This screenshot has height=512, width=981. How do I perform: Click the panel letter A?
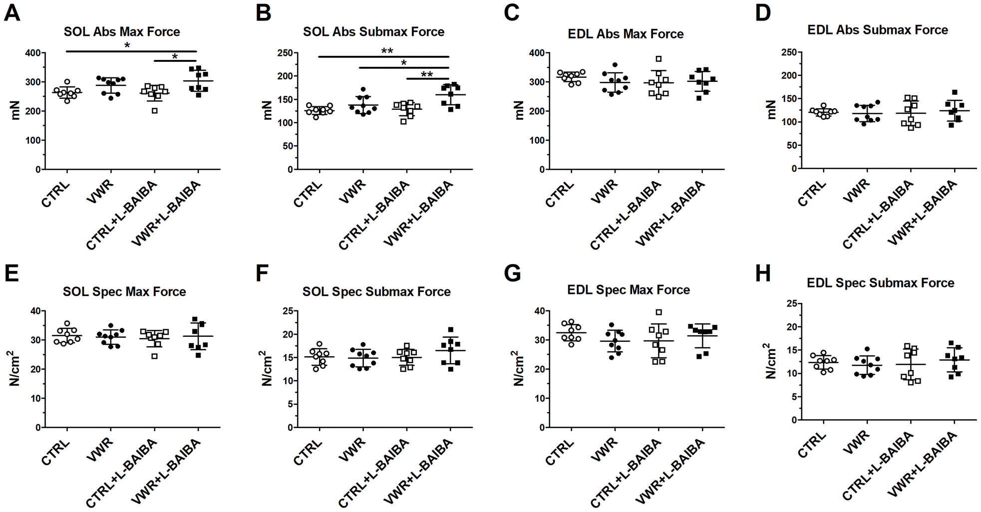click(12, 12)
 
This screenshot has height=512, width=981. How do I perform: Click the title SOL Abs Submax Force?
click(373, 32)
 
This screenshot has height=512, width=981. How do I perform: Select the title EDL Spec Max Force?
click(629, 290)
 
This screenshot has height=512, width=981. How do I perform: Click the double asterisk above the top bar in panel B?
click(387, 51)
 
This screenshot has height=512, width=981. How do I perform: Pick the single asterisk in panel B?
click(404, 63)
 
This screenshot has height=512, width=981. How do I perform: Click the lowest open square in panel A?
click(155, 110)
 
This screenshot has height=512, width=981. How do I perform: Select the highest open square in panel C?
click(659, 59)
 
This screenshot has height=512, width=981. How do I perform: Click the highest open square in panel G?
click(659, 312)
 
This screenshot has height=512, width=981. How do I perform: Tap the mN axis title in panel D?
click(771, 110)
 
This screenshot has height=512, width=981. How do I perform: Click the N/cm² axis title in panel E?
click(15, 368)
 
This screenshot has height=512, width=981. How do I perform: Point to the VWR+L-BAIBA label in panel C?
click(670, 214)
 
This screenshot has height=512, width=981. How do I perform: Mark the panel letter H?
click(763, 273)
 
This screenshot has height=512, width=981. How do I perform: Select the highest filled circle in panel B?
click(363, 90)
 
